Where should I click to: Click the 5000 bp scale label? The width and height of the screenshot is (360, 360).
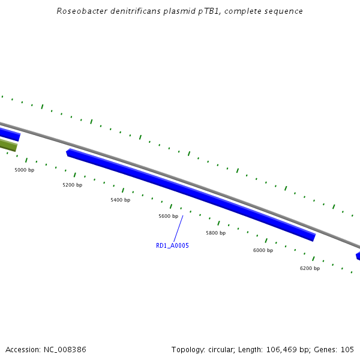pos(24,170)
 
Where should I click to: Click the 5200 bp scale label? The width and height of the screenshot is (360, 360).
pos(72,185)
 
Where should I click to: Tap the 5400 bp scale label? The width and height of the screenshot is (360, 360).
pos(120,200)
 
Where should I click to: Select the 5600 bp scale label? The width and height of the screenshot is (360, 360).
pos(168,216)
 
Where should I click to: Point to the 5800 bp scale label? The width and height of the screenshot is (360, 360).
pos(215,233)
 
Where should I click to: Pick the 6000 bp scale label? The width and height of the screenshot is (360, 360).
pos(263,250)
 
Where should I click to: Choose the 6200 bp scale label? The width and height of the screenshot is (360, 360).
pos(310,268)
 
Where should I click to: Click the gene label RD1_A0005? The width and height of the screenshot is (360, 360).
pos(172,245)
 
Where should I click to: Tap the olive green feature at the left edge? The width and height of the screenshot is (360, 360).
pos(8,145)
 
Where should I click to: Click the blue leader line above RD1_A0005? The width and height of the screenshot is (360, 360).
pos(178,229)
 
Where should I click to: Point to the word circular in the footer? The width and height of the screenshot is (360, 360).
pos(227,349)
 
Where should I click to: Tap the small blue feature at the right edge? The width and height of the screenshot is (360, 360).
pos(358,256)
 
